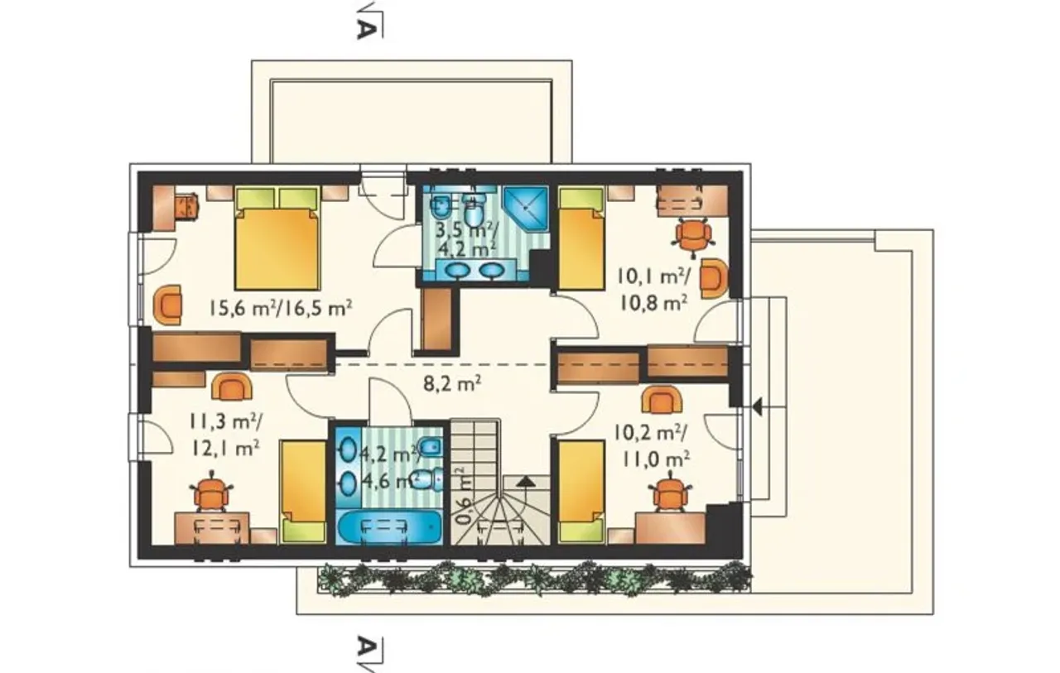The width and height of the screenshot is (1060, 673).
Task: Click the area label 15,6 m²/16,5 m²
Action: [281, 309]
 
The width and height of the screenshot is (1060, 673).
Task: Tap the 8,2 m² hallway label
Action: [452, 383]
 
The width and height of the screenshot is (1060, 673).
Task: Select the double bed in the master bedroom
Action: [277, 238]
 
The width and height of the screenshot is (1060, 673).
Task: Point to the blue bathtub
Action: [389, 526]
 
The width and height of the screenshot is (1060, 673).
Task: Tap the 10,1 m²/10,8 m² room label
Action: [654, 290]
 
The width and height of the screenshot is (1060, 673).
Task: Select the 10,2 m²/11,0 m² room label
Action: [651, 445]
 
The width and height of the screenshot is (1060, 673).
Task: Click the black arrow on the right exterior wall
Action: [757, 406]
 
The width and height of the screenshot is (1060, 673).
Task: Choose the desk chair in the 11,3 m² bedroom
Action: [211, 492]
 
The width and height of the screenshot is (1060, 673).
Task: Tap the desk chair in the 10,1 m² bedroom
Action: [693, 235]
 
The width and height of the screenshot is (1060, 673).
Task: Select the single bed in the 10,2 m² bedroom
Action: [581, 492]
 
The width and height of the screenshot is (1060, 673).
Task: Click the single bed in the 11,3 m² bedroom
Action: [303, 492]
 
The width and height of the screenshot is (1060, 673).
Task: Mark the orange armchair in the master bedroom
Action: [167, 305]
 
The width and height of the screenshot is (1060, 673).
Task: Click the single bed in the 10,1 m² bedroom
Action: [581, 238]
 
